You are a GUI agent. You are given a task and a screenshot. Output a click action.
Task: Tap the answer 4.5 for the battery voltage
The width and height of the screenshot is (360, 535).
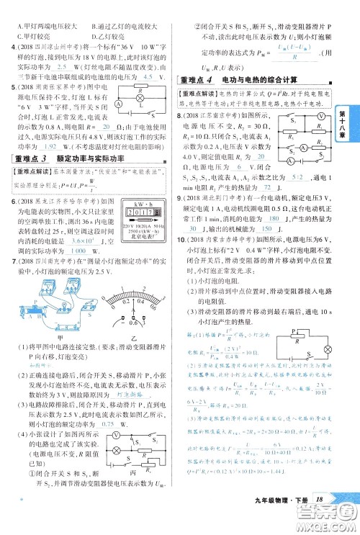pos(149,77)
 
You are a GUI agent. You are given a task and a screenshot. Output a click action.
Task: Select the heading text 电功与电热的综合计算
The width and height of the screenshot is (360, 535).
pos(255,80)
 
